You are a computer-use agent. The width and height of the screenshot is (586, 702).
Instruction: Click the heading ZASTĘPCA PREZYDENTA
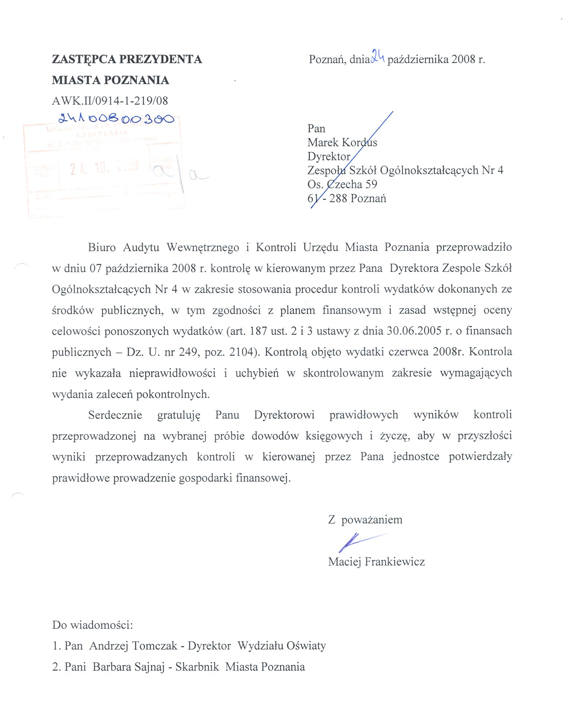(x=127, y=59)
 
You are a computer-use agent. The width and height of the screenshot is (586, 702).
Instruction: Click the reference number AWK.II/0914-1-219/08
(x=110, y=101)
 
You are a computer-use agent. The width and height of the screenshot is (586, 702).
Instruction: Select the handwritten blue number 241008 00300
(x=116, y=118)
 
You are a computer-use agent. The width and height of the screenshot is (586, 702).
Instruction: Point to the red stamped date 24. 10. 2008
(x=104, y=167)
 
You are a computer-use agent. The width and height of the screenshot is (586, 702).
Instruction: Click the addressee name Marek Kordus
(x=342, y=142)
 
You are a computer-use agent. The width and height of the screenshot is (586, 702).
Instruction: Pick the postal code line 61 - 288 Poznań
(x=346, y=199)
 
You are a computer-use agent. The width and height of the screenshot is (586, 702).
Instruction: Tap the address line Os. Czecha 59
(x=342, y=184)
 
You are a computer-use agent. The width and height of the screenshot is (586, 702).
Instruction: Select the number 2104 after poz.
(x=243, y=352)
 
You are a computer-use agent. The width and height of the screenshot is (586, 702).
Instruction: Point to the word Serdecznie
(x=115, y=415)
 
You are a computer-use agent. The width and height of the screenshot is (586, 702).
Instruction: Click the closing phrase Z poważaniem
(x=365, y=519)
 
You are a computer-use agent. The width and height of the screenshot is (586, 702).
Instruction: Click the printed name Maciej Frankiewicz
(x=376, y=561)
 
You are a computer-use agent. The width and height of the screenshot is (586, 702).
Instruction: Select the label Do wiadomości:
(x=92, y=625)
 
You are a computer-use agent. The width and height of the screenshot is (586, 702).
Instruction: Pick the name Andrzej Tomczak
(x=133, y=646)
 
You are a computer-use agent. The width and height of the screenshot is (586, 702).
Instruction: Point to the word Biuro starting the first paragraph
(x=101, y=247)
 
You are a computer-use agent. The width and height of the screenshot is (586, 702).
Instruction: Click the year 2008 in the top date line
(x=463, y=59)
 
